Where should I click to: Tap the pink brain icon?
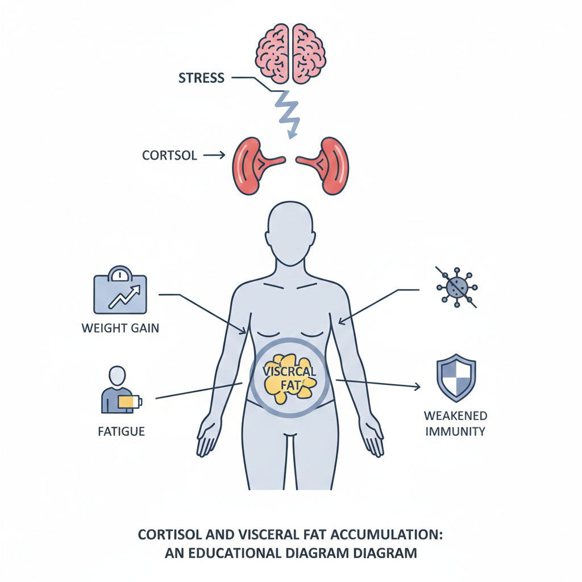(x=291, y=52)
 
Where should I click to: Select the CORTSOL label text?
(x=170, y=155)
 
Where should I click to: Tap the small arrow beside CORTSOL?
(x=214, y=155)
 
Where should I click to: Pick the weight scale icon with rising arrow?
(x=120, y=291)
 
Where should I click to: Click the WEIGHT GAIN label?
(x=120, y=328)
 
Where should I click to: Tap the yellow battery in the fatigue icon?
(x=130, y=402)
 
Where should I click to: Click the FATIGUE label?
(x=121, y=431)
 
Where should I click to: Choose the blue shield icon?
(x=455, y=378)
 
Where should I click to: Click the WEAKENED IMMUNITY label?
(x=455, y=423)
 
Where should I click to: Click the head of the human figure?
(x=290, y=233)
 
